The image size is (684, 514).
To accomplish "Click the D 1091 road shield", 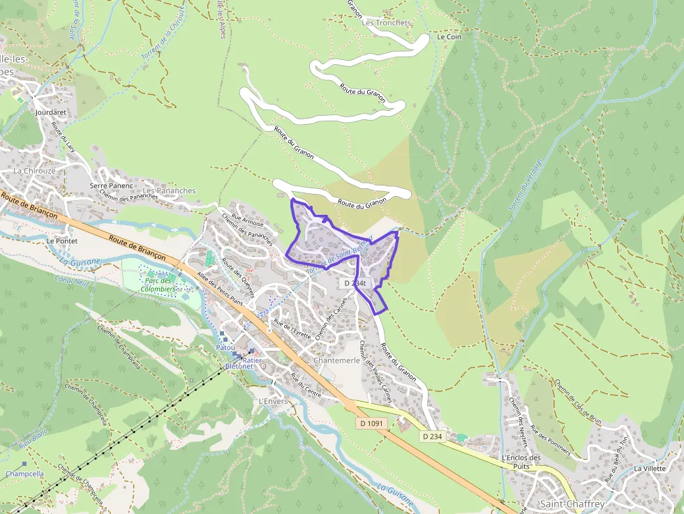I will click(373, 423).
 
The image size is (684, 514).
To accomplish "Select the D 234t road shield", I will click(355, 283).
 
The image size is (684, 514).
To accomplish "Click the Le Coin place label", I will click(449, 36).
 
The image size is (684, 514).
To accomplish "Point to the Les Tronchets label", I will click(387, 22).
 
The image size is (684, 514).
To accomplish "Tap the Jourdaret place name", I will click(49, 111).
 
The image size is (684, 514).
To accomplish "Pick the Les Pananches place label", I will click(169, 190).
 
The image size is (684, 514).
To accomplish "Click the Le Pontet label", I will click(61, 241).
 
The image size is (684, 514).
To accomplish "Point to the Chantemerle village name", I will click(337, 361).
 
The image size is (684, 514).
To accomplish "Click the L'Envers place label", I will click(273, 402).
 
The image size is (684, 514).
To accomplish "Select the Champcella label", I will click(24, 474).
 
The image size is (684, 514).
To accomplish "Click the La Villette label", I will click(650, 469).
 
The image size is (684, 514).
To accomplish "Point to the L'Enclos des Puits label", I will click(521, 462).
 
